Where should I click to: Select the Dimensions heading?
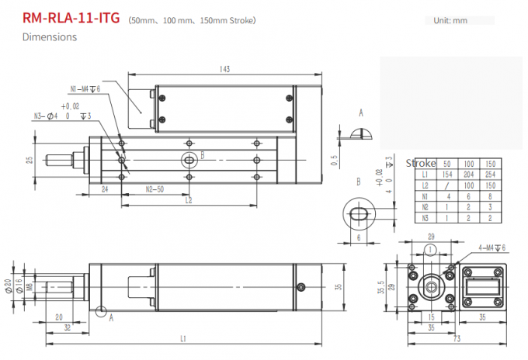(50, 36)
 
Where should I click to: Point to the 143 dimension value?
(224, 69)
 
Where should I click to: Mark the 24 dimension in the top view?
(104, 189)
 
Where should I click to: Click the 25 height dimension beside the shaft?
(30, 160)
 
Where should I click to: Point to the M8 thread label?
(28, 286)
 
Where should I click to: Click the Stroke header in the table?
(421, 164)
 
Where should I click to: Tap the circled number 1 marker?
(429, 250)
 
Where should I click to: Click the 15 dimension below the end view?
(429, 317)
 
